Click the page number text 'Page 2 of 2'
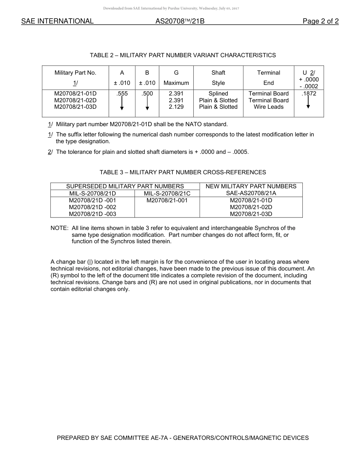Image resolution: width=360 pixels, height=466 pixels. (x=320, y=21)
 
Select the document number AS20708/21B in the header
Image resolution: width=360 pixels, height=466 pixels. (x=180, y=21)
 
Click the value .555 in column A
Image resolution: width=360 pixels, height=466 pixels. (x=122, y=94)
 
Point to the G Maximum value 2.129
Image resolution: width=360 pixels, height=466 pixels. (x=176, y=107)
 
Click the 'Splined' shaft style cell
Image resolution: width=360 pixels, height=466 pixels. (x=218, y=94)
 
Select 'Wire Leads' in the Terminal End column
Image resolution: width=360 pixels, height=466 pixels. (x=269, y=107)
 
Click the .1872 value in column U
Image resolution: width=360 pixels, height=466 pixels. (x=308, y=94)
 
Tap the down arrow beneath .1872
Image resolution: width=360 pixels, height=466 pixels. (x=308, y=103)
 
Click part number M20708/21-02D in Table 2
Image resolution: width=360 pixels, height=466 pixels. (x=75, y=100)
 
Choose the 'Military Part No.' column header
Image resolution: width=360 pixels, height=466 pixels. (x=75, y=73)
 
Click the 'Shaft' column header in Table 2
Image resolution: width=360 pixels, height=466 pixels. (x=218, y=73)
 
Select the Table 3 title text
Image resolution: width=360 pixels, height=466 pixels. (x=183, y=172)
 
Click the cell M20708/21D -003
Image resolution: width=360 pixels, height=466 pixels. (x=92, y=214)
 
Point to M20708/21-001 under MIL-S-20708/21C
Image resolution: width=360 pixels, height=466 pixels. (x=167, y=200)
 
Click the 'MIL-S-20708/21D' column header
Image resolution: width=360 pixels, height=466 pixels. (x=92, y=193)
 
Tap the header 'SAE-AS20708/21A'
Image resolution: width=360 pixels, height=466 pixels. (x=251, y=193)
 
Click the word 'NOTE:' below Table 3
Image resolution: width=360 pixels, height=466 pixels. (x=59, y=228)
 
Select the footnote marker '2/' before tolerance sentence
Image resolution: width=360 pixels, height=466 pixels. (x=50, y=152)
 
